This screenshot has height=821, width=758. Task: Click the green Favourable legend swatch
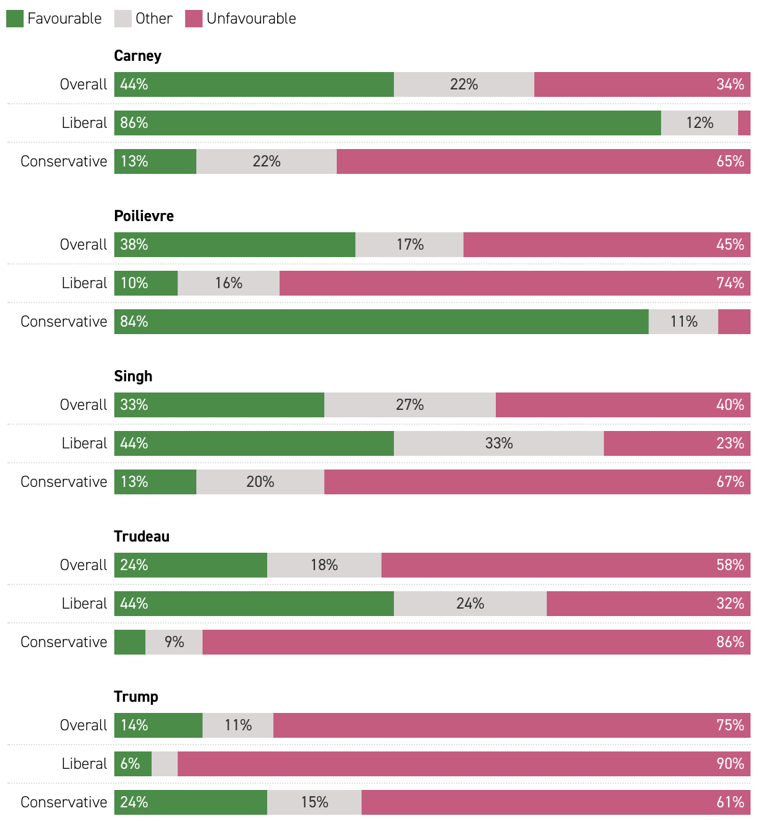[x=15, y=19]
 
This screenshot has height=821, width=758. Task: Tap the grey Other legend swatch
[x=123, y=19]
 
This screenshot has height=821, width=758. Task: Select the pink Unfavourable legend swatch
[x=194, y=19]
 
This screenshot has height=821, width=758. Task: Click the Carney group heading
[x=138, y=56]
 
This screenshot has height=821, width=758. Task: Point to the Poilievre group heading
[x=144, y=216]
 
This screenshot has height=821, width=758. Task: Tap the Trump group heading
[x=136, y=697]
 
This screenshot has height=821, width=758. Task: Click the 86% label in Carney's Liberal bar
[x=134, y=123]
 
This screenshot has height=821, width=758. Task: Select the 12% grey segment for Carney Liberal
[x=700, y=123]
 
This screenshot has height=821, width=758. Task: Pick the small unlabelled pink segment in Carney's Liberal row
[x=744, y=123]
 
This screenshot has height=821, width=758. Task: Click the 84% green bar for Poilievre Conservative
[x=381, y=322]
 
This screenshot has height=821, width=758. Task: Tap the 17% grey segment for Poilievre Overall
[x=409, y=245]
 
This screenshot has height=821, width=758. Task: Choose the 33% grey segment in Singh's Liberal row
[x=499, y=443]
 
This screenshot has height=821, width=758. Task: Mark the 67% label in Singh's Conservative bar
[x=730, y=482]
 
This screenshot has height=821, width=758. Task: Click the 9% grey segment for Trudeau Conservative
[x=174, y=642]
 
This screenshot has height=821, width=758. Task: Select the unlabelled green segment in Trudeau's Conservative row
[x=130, y=642]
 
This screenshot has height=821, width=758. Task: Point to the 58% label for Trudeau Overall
[x=730, y=565]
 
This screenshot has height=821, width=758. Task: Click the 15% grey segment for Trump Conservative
[x=314, y=802]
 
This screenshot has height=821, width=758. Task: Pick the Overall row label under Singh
[x=83, y=405]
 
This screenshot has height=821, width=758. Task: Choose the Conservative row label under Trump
[x=64, y=802]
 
